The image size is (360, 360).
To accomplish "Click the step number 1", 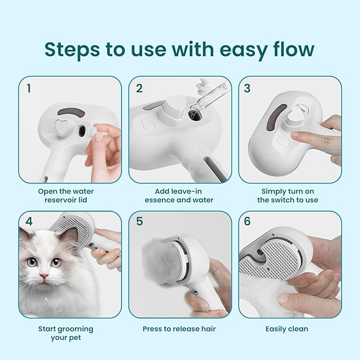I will click(30, 89).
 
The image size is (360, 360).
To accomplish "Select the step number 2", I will click(139, 89).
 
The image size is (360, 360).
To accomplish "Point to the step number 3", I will click(248, 89).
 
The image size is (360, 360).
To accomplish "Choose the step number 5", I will click(139, 222).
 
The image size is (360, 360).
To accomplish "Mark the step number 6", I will click(248, 222).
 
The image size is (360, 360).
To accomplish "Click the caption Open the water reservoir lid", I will click(66, 195).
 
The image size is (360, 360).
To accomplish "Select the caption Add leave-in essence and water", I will click(179, 195).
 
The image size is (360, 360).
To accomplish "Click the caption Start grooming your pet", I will click(66, 333).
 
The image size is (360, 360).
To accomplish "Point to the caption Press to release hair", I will click(179, 329).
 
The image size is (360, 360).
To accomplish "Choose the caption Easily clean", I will click(286, 329).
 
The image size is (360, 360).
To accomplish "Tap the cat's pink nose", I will click(43, 276).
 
